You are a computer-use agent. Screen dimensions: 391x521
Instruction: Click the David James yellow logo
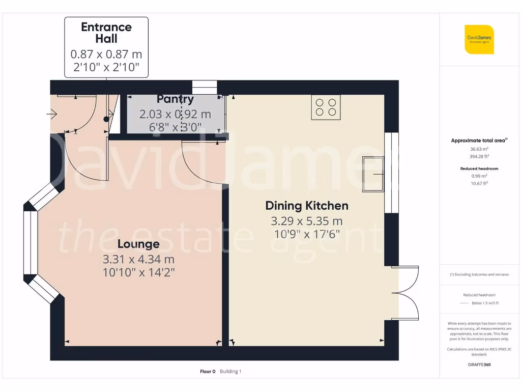coord(479,39)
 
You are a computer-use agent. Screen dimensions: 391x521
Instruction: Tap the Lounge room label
coord(138,244)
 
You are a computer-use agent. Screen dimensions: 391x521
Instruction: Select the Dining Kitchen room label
coord(307,206)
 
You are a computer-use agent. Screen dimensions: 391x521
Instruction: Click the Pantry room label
coord(175,99)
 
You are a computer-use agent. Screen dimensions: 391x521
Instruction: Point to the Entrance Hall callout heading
coord(106,33)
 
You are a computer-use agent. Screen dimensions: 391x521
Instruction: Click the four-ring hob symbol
coord(326,107)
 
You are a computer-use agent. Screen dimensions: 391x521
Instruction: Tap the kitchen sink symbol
coord(373,174)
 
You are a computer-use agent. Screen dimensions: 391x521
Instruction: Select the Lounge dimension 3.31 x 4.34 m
coord(138,259)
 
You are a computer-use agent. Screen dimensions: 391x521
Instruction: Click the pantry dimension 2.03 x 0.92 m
coord(175,114)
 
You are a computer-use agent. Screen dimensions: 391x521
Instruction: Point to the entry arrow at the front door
coord(51,114)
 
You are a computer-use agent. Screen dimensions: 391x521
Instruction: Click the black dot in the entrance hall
coord(106,119)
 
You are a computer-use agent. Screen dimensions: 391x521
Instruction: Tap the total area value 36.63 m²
coord(479,149)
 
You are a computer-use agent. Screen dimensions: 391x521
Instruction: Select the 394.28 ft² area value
coord(479,156)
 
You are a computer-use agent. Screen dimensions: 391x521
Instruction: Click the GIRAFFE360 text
coord(479,365)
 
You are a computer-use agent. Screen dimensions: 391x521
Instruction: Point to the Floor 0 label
coord(208,372)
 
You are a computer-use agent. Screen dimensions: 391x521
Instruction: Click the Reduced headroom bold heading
coord(479,169)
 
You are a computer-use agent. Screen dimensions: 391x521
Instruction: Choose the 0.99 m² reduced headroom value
coord(479,176)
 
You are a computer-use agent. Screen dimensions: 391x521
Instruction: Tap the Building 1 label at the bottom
coord(230,372)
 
